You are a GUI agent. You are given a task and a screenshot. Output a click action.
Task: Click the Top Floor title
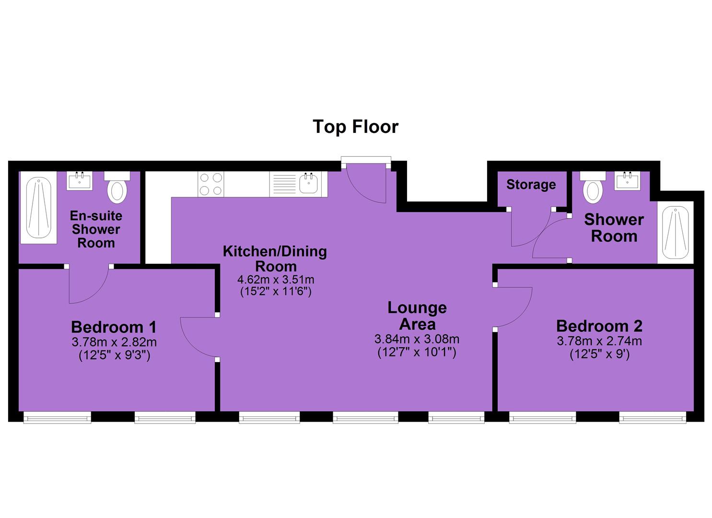(355, 127)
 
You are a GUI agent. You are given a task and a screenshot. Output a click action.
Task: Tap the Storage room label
(531, 185)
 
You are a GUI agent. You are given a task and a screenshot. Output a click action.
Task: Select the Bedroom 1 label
(114, 327)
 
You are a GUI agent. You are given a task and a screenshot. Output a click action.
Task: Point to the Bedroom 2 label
(599, 326)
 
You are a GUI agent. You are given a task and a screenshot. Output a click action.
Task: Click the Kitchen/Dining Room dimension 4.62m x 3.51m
(276, 280)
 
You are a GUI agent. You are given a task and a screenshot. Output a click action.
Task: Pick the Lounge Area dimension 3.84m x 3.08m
(417, 339)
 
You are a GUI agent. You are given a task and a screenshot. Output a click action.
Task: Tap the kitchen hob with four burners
(211, 184)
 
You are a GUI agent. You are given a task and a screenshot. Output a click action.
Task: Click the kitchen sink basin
(308, 184)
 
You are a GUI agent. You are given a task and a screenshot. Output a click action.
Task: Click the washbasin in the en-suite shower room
(80, 181)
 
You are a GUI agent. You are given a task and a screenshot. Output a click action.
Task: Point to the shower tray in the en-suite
(38, 208)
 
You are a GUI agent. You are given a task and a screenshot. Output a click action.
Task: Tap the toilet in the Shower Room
(593, 188)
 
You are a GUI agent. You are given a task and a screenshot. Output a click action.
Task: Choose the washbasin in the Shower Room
(627, 181)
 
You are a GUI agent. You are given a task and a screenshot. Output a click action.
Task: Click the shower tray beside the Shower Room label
(675, 233)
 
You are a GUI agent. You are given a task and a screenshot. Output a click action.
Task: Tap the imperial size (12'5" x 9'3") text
(114, 355)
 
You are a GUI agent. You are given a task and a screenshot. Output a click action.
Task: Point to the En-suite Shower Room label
(96, 229)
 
